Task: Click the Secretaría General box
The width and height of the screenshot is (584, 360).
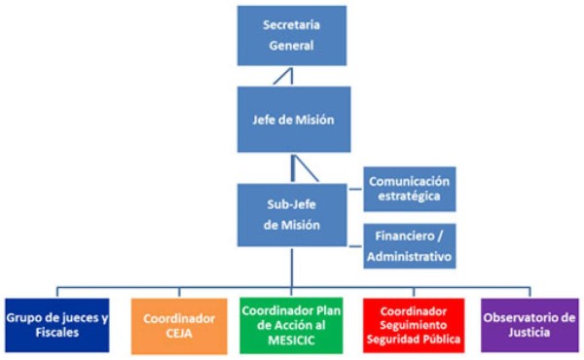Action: coord(292,35)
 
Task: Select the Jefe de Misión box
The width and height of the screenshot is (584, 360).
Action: coord(292,119)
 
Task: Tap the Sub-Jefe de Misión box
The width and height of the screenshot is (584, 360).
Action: coord(292,213)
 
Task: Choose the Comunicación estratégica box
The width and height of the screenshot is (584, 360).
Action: coord(409,189)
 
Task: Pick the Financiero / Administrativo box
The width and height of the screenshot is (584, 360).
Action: coord(409,246)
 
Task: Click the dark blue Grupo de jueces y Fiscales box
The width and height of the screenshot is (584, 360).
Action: coord(55,324)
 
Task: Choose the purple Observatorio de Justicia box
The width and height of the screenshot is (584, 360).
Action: coord(529,324)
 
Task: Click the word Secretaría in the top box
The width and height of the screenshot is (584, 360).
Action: coord(292,24)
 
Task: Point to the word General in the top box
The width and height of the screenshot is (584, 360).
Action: coord(292,46)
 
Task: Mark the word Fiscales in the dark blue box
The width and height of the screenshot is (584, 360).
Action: coord(55,334)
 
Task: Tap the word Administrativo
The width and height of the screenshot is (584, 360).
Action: coord(409,257)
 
